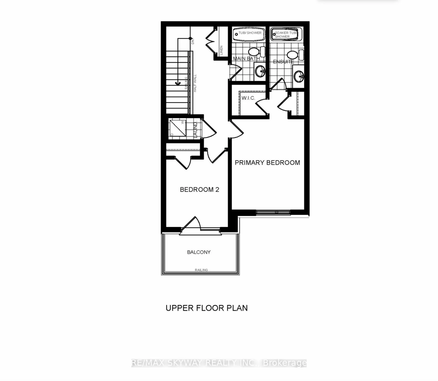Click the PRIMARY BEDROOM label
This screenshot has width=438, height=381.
pos(267,163)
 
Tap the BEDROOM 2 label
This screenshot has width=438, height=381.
pos(199,190)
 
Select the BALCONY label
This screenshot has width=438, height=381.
pos(199,252)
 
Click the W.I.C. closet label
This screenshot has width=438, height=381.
pos(248,98)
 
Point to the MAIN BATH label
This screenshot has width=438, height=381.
pos(246,58)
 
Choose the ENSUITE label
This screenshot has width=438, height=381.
pos(283,62)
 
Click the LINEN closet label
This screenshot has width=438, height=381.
pos(221,50)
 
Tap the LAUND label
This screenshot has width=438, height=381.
pos(195,130)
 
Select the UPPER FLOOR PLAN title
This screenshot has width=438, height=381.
pos(207,308)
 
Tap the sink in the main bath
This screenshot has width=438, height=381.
pos(260,72)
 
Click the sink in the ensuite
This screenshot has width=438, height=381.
pos(299,76)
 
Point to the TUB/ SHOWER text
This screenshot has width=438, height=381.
pos(250,33)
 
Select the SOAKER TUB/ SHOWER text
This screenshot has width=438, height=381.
pos(286,35)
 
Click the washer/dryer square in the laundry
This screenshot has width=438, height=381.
pos(177,128)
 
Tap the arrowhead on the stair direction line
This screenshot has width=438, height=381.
pos(178,83)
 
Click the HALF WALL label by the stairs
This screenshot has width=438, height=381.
pos(195,83)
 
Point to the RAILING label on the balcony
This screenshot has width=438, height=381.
pos(201,270)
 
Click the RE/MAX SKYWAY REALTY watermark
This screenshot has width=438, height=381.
pos(219,363)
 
